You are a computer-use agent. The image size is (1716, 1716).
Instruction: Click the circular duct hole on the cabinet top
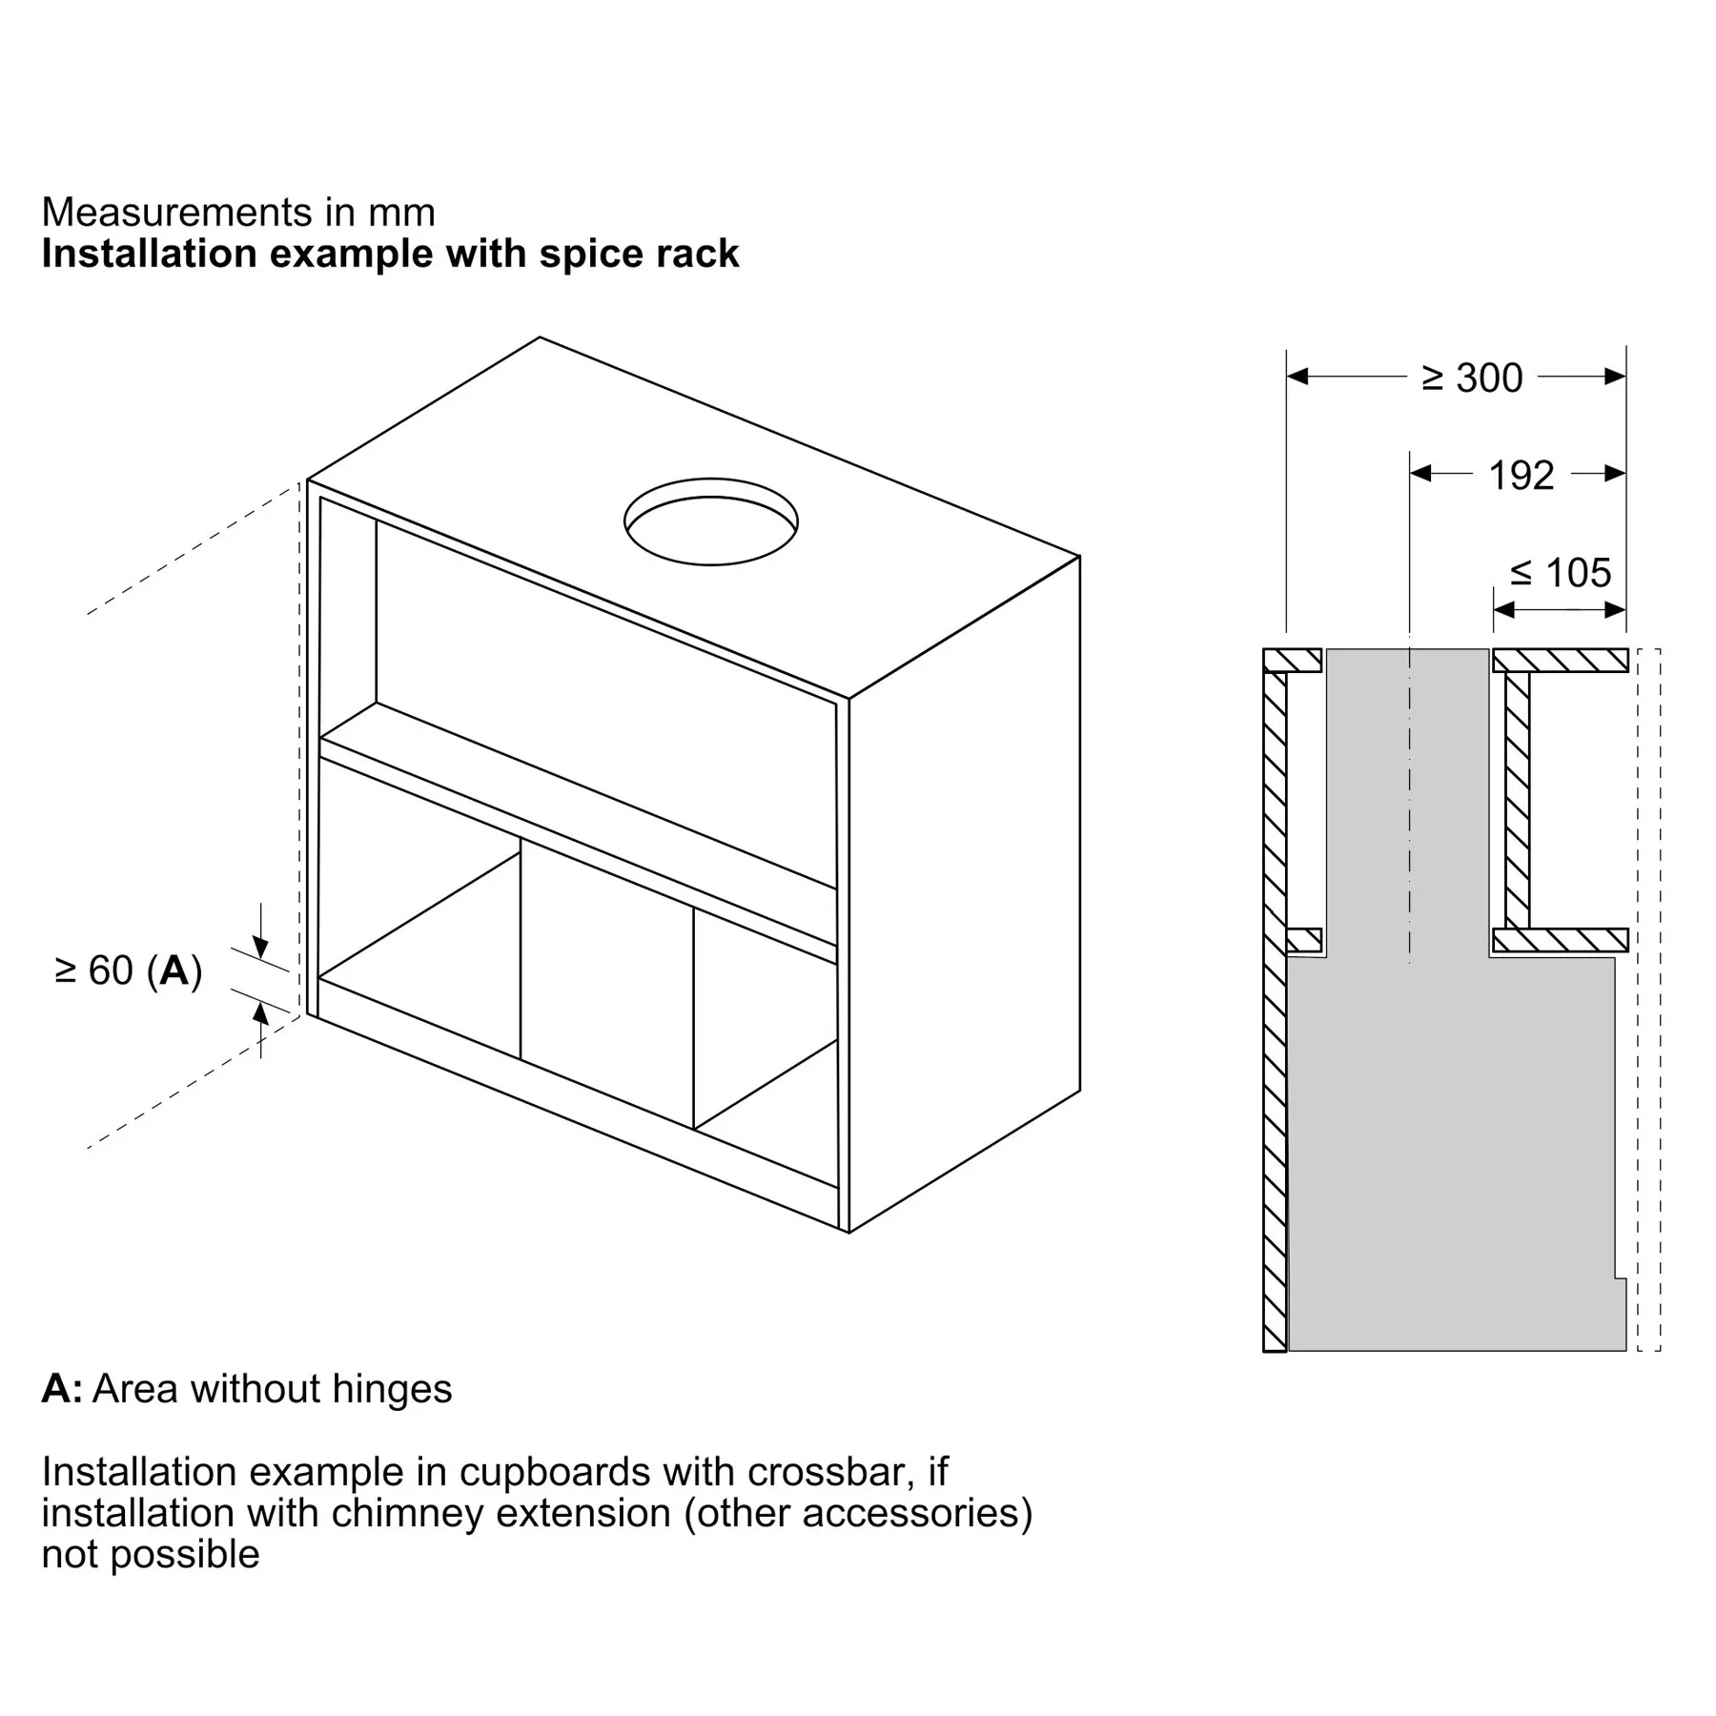(711, 480)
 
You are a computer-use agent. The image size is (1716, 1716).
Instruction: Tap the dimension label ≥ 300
(1472, 378)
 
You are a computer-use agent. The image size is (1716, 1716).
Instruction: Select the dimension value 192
(1522, 476)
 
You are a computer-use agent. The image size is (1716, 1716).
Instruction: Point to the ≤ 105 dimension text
(1561, 573)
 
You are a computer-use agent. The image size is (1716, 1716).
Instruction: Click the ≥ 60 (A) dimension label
(129, 970)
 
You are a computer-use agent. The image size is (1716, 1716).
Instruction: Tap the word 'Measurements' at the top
(177, 212)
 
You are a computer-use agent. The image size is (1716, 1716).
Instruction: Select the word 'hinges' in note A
(392, 1389)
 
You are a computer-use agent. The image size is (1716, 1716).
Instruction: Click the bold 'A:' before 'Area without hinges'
(62, 1389)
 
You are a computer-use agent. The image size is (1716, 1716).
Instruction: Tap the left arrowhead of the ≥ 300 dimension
(1297, 377)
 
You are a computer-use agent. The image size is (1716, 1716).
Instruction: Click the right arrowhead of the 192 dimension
(1615, 473)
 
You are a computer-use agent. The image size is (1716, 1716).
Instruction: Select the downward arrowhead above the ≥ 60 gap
(260, 948)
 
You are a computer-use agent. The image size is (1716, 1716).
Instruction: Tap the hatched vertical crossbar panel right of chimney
(1517, 800)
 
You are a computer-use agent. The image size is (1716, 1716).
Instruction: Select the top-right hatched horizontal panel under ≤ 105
(1560, 660)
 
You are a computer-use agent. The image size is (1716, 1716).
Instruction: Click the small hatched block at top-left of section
(1293, 660)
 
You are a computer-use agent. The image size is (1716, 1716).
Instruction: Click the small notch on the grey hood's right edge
(1621, 1277)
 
